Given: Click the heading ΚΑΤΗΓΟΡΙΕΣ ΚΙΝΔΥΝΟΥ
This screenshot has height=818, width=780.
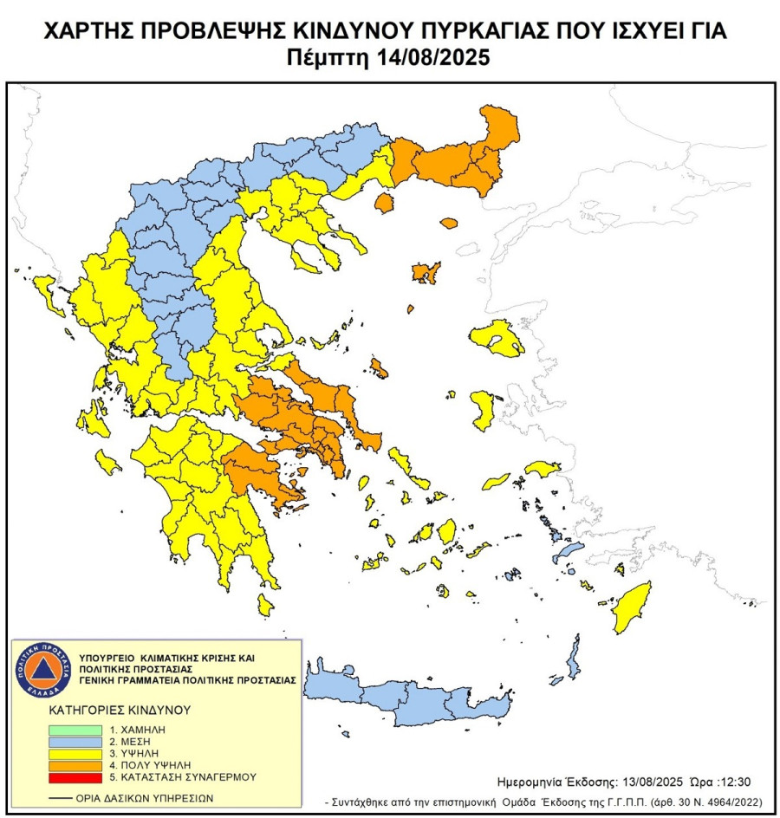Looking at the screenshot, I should pos(120,710).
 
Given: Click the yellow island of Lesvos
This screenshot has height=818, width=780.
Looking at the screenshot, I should pos(499,338).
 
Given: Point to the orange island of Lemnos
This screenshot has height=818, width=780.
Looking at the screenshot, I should pos(425,272).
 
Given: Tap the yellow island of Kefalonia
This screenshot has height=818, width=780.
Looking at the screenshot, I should pos(108,460).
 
